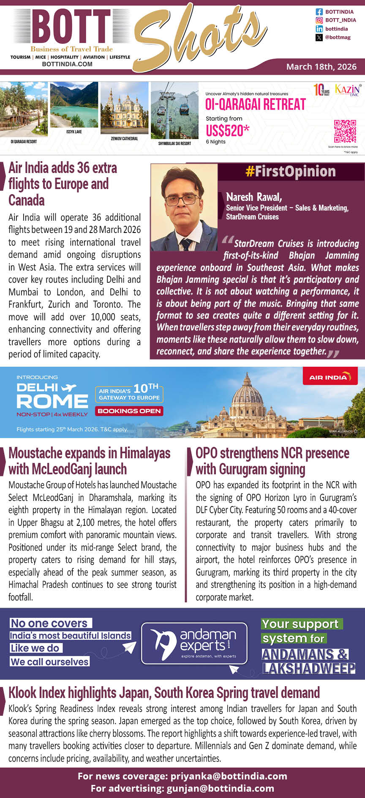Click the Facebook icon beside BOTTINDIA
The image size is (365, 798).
point(319,12)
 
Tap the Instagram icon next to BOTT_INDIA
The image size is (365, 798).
point(319,20)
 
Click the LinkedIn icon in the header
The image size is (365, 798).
point(319,29)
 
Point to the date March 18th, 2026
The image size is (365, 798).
point(321,67)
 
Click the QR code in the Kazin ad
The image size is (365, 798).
point(345,131)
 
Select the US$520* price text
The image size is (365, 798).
point(227,130)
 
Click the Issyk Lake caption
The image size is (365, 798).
point(74,132)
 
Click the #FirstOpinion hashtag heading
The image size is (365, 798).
point(290,171)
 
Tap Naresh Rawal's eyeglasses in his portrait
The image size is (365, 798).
point(182,200)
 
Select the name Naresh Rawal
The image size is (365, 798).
point(254,197)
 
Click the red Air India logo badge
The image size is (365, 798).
point(330,376)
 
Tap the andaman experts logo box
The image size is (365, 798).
point(194,644)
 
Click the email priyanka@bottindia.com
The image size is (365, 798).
point(229,776)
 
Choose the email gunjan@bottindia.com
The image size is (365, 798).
point(220,788)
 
